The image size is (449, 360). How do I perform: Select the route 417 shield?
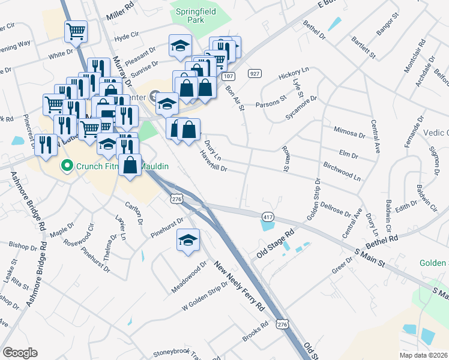click(267, 215)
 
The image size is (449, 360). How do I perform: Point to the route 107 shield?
click(227, 76)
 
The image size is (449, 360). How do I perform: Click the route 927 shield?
click(255, 73)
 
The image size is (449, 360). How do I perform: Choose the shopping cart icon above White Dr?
click(76, 31)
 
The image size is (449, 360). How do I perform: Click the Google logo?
click(20, 352)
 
